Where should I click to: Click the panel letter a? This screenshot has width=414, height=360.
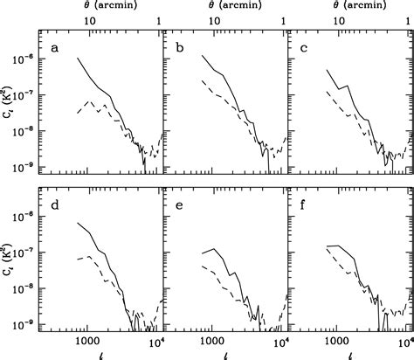[54, 48]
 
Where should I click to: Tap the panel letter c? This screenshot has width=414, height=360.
[301, 48]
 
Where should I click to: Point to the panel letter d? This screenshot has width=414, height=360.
[54, 206]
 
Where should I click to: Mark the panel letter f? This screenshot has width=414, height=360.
[302, 206]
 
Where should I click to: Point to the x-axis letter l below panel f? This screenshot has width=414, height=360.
[349, 353]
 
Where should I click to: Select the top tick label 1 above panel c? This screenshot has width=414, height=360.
[405, 20]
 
